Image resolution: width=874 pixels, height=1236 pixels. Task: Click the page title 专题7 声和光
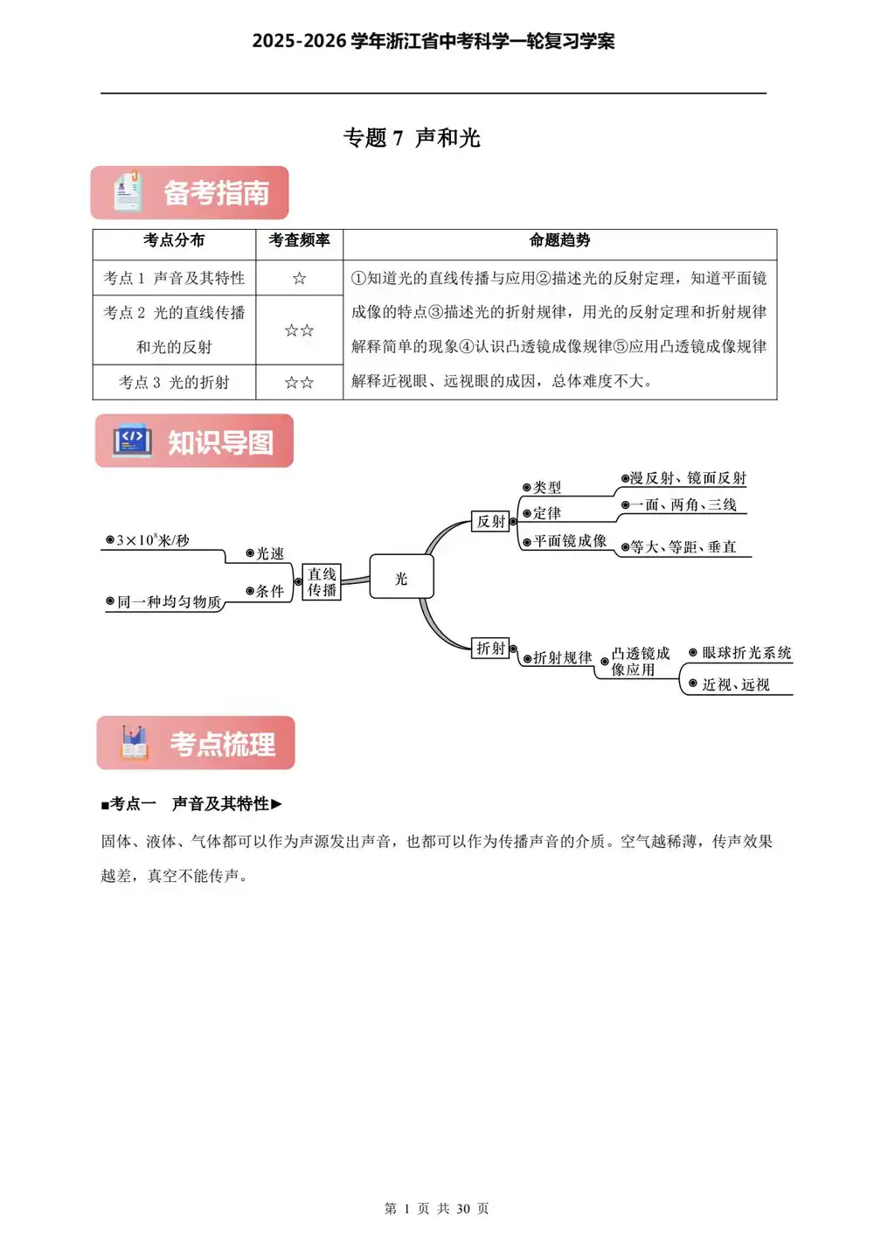[412, 138]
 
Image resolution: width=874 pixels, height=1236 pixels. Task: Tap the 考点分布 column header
[174, 240]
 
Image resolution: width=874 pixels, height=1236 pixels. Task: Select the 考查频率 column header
[299, 240]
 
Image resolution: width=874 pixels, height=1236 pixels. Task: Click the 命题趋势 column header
[559, 240]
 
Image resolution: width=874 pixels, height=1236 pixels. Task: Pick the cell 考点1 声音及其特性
[174, 278]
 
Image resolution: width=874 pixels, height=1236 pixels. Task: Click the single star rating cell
[299, 278]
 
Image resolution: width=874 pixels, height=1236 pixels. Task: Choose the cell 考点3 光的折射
[174, 382]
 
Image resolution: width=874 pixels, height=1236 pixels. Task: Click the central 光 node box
[401, 578]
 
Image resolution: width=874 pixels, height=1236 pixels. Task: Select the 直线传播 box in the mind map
[322, 582]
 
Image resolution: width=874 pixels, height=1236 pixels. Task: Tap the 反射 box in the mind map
[490, 521]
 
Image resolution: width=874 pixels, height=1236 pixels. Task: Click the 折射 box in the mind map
[490, 648]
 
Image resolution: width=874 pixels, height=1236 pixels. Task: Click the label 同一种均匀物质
[168, 601]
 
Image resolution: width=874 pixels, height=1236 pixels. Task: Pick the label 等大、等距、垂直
[683, 547]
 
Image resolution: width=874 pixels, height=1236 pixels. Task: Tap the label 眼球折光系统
[746, 653]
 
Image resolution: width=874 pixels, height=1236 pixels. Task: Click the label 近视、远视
[735, 684]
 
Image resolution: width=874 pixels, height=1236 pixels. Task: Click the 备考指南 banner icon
[127, 192]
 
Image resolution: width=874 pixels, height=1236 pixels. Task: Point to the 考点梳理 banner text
[222, 744]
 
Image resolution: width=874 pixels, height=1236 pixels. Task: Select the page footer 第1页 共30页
[436, 1208]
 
